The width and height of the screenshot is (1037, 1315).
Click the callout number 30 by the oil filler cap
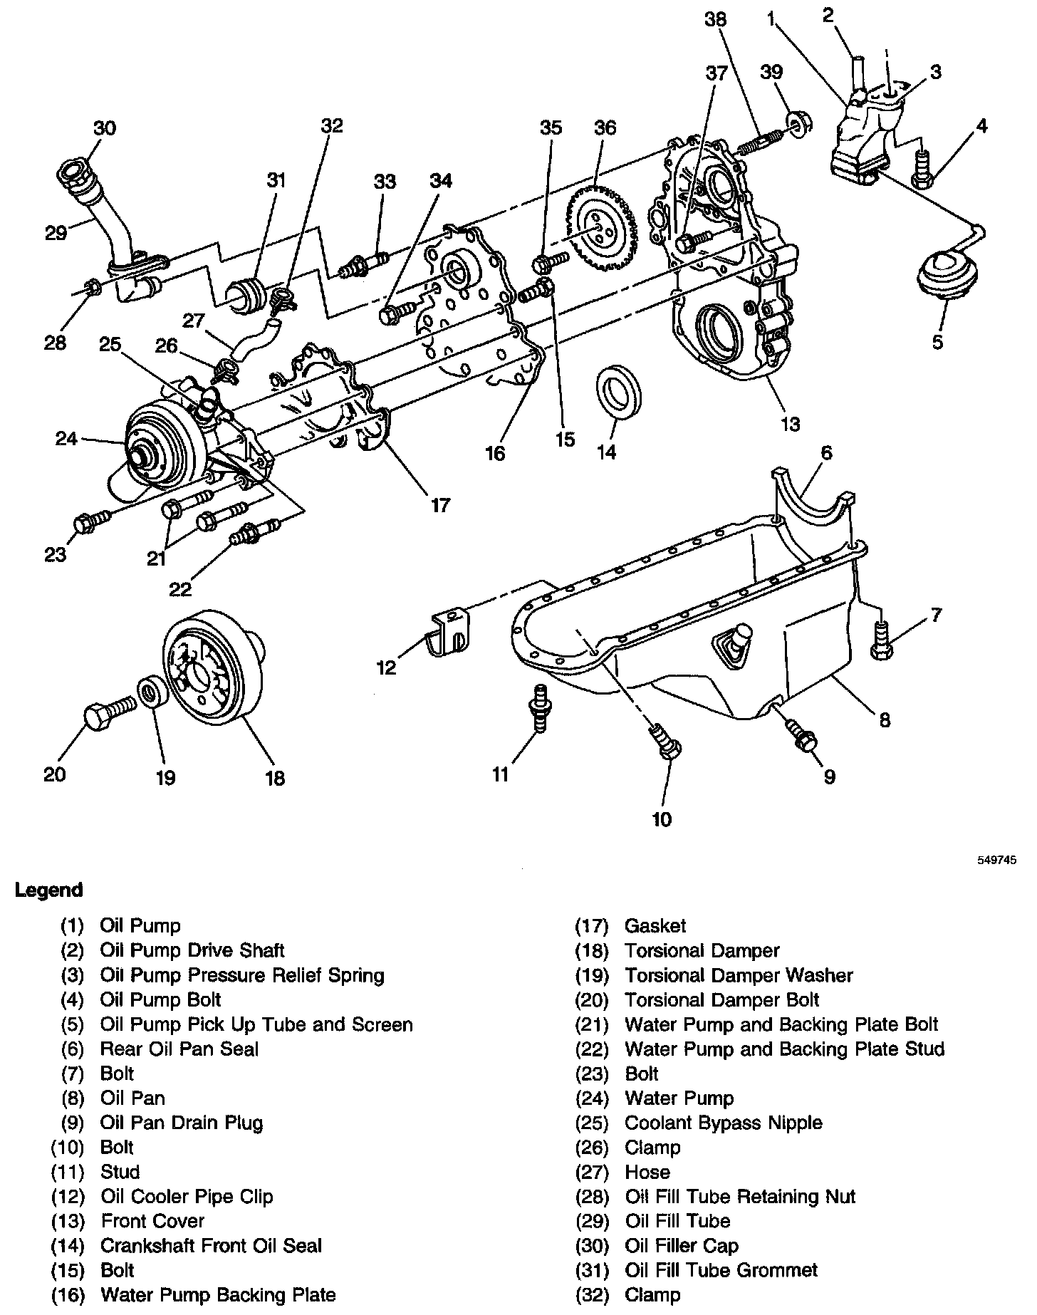(104, 128)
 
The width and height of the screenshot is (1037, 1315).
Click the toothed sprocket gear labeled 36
(599, 228)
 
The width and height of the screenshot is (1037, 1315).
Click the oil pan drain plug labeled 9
(802, 737)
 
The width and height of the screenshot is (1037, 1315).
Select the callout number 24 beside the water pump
(66, 438)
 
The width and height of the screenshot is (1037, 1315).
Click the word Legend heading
(48, 890)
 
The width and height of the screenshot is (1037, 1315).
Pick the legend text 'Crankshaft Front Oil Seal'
(211, 1245)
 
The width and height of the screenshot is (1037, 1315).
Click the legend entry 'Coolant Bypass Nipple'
(723, 1123)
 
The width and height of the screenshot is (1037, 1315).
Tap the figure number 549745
(996, 860)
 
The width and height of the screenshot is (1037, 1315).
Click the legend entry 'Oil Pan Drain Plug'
(182, 1123)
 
